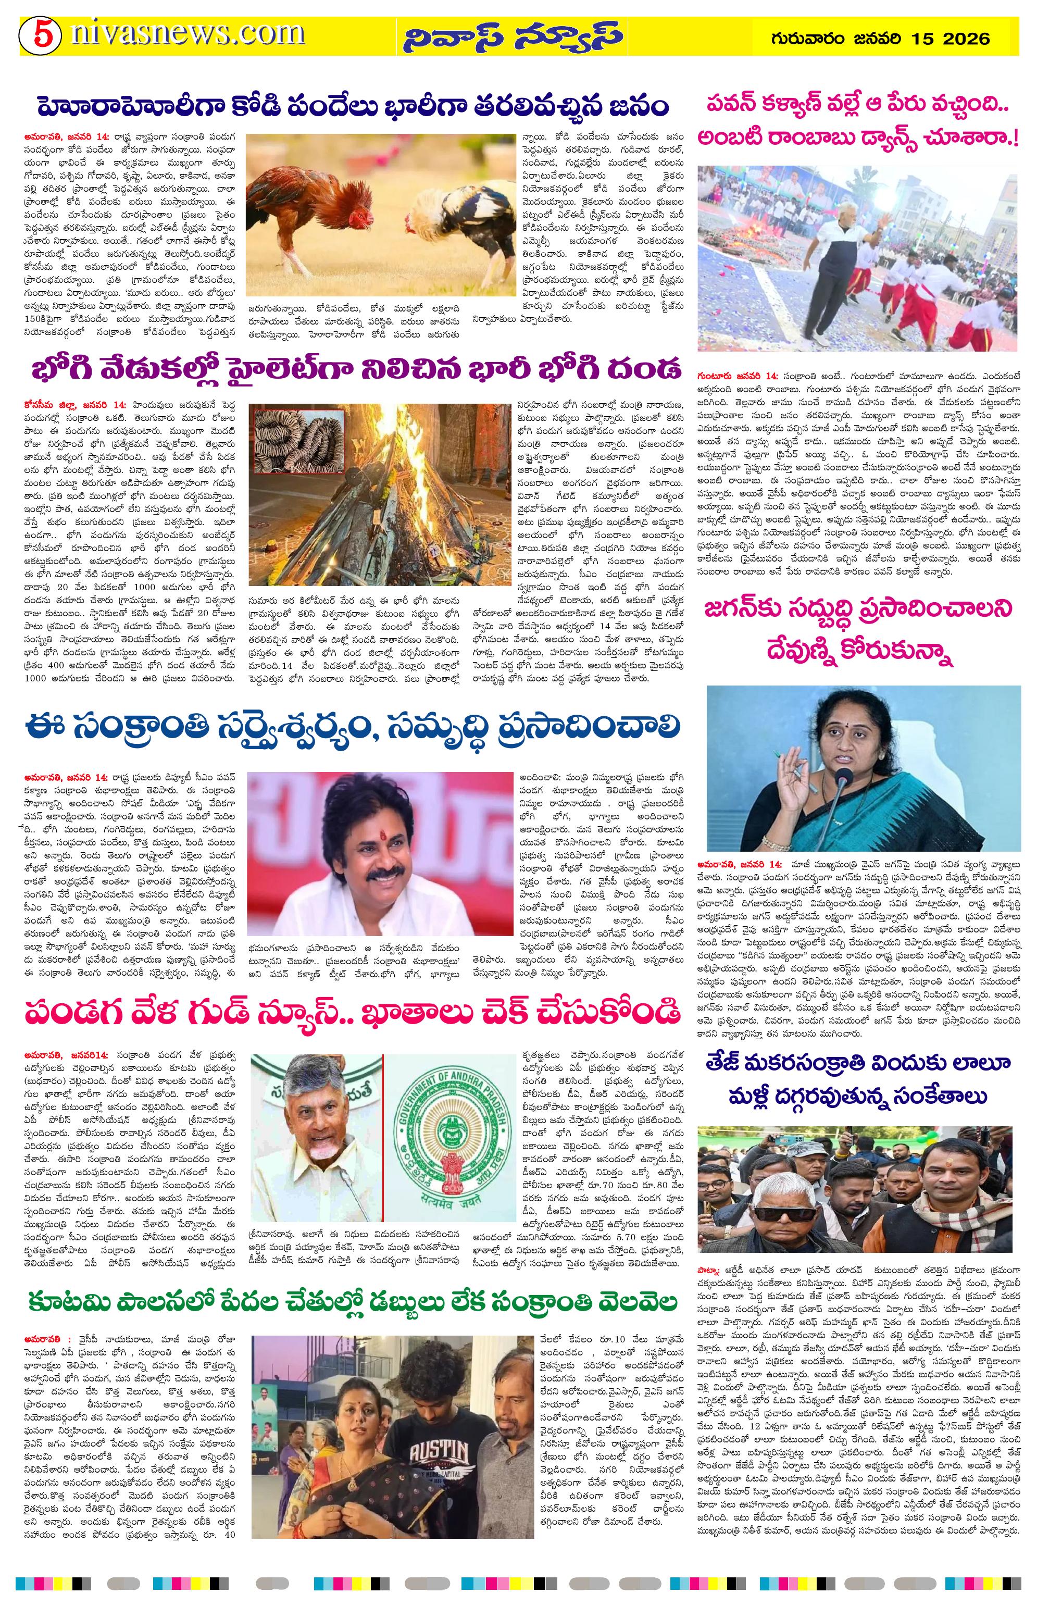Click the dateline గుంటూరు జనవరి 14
738,375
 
